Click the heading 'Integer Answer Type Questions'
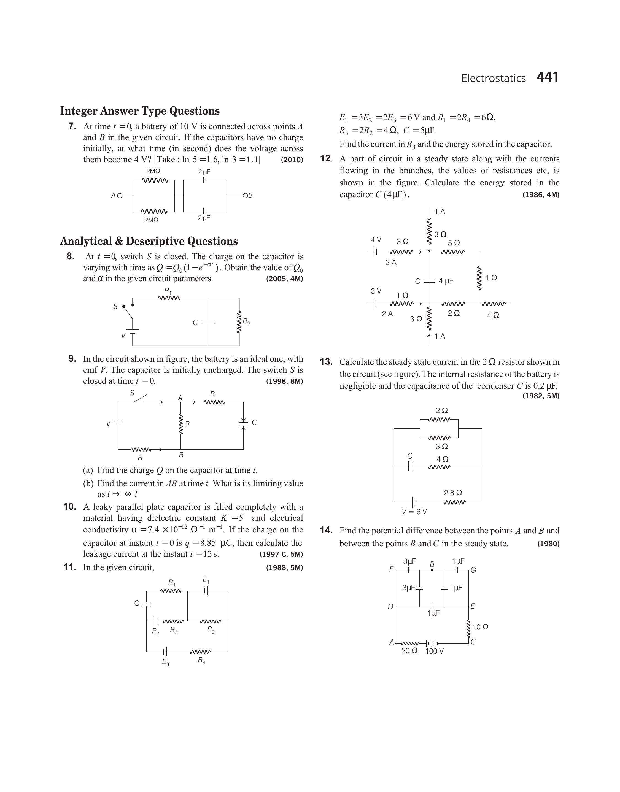click(140, 111)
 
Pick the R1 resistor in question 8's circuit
click(169, 298)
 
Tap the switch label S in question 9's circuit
click(132, 393)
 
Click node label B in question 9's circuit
click(181, 455)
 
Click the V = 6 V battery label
click(414, 512)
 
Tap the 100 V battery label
click(434, 651)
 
